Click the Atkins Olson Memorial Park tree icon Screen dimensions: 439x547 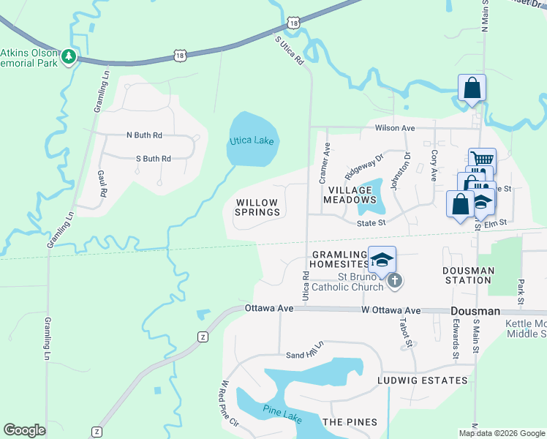(69, 57)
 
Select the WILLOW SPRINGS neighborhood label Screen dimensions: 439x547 (256, 207)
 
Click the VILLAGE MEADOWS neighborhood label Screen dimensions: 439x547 (351, 194)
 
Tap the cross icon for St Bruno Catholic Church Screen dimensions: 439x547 (394, 280)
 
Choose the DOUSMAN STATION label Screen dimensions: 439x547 (468, 275)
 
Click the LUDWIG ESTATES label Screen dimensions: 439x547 (422, 380)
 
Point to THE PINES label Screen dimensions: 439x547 (350, 422)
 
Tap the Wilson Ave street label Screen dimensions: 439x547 (395, 128)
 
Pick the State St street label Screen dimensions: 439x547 (371, 222)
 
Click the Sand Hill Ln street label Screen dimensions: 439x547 (304, 350)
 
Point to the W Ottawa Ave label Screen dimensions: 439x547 (391, 310)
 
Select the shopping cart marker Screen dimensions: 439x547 (481, 160)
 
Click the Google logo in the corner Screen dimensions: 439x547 (24, 430)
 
